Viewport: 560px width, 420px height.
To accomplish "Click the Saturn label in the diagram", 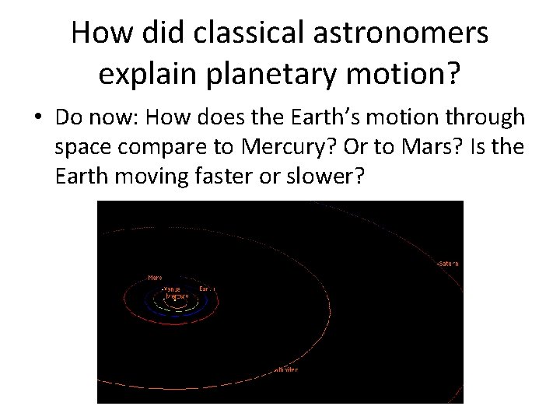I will click(x=448, y=264).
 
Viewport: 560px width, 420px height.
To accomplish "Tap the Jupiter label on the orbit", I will click(x=285, y=369).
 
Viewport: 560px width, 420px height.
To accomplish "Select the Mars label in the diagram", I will click(x=155, y=277).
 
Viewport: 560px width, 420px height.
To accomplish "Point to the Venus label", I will click(x=170, y=289).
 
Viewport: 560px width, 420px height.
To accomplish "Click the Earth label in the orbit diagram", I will click(x=206, y=289).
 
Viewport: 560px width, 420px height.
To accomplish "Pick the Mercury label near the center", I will click(x=177, y=296).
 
